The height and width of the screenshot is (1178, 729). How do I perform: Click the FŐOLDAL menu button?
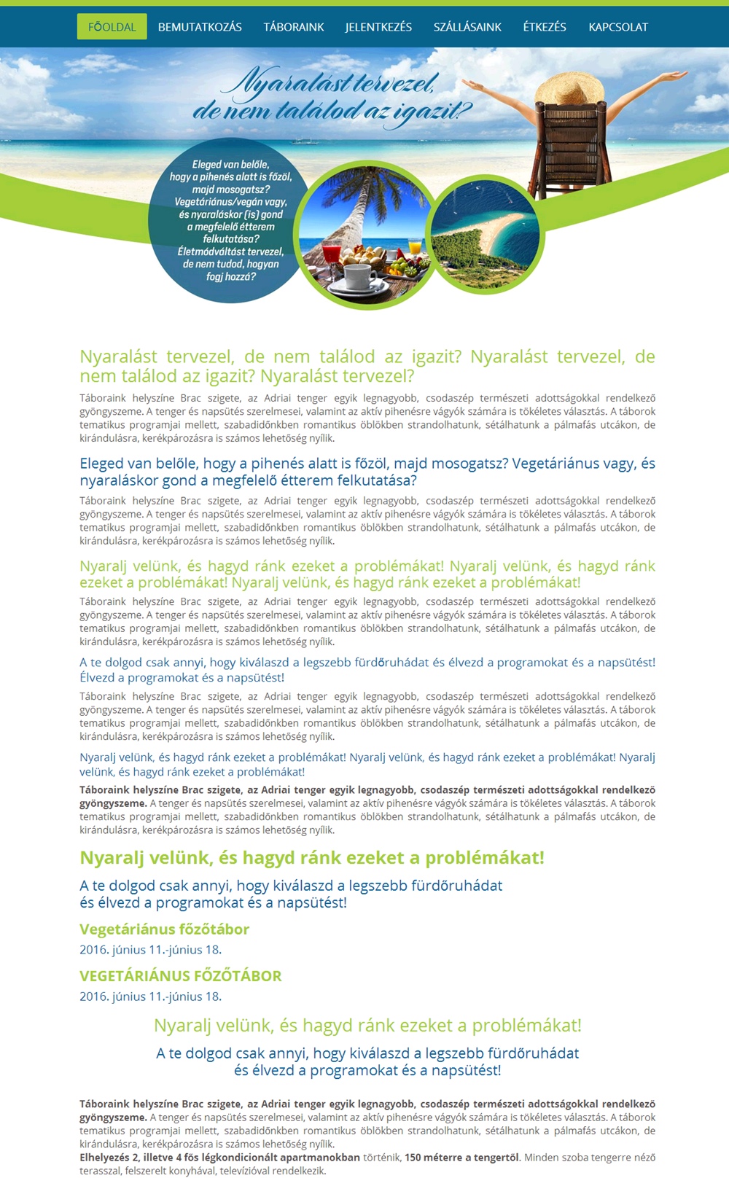(x=112, y=27)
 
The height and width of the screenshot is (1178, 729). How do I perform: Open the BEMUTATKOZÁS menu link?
(x=200, y=27)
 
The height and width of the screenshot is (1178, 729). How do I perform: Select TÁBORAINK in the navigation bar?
(x=294, y=27)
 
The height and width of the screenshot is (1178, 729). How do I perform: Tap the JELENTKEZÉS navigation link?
(x=378, y=27)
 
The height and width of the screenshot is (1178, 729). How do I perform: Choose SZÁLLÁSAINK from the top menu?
(x=467, y=27)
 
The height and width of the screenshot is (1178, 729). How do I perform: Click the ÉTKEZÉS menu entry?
(x=545, y=27)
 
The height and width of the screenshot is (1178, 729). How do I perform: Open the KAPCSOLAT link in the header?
(x=618, y=27)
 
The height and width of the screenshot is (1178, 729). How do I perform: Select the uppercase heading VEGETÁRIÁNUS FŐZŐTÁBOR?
(x=180, y=975)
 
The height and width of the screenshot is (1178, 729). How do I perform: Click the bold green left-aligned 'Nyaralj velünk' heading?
(x=311, y=857)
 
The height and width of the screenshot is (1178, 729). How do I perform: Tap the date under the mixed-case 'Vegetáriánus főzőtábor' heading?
(x=150, y=949)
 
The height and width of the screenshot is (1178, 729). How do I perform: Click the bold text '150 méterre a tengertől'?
(x=461, y=1157)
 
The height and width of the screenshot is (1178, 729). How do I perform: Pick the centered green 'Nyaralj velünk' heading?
(x=367, y=1025)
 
